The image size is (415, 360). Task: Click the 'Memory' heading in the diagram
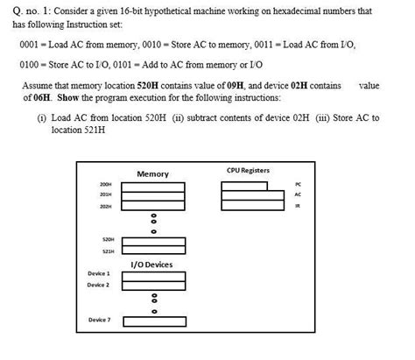coord(153,174)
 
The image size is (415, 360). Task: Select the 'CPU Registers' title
coord(248,170)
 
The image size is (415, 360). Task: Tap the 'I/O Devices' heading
coord(151,264)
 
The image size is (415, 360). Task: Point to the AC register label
coord(298,194)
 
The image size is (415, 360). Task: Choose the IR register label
coord(298,206)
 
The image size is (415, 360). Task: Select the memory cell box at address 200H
coord(153,186)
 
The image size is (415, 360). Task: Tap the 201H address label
coord(106,196)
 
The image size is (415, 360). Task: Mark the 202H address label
coord(106,208)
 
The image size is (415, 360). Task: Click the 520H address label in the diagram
coord(109,238)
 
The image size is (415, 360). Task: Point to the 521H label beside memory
coord(109,251)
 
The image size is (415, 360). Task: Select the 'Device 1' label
coord(98,273)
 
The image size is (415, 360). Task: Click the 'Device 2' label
coord(98,285)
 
